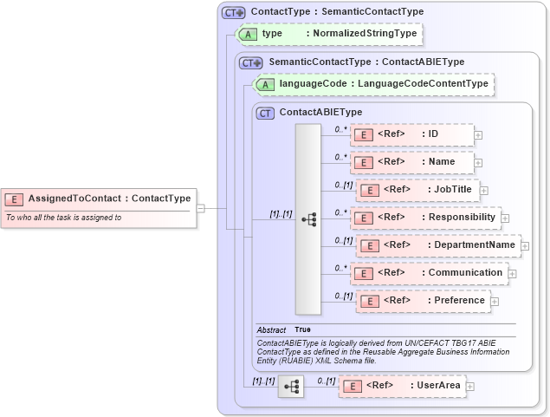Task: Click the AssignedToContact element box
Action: tap(97, 199)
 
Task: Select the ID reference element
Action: tap(412, 134)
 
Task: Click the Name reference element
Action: tap(412, 162)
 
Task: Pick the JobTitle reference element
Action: tap(417, 190)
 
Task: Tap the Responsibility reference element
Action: tap(425, 218)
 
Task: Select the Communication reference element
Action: tap(429, 273)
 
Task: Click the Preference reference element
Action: tap(423, 301)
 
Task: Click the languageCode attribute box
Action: tap(372, 84)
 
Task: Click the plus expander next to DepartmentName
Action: tap(525, 246)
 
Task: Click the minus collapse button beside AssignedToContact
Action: tap(200, 208)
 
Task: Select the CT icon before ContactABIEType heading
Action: tap(266, 113)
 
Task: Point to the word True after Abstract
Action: tap(302, 329)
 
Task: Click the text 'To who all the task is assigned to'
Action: tap(63, 218)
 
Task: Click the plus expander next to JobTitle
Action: tap(484, 191)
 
